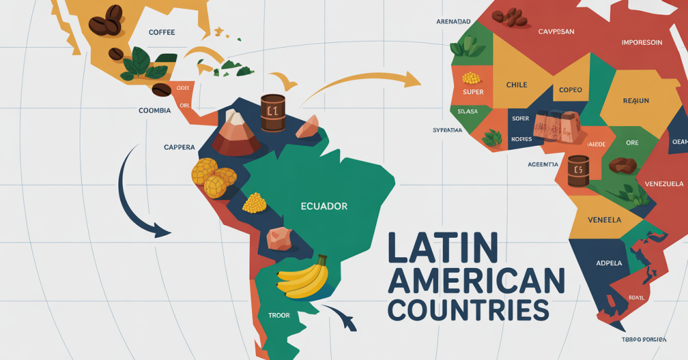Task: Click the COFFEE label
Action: click(x=162, y=31)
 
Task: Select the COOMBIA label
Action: click(x=155, y=110)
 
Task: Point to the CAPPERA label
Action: click(x=179, y=146)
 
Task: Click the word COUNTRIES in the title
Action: click(x=468, y=310)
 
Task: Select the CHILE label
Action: click(x=517, y=85)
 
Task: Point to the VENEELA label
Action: click(x=604, y=220)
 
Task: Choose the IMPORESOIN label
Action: click(x=642, y=42)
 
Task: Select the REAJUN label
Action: click(x=636, y=101)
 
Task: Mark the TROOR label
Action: click(x=278, y=315)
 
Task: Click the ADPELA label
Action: click(x=609, y=263)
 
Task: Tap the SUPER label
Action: click(x=473, y=92)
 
